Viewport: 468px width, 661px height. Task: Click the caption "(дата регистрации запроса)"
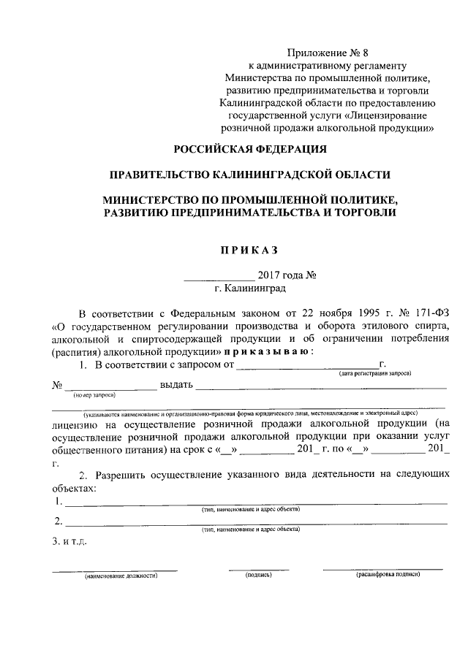click(x=374, y=373)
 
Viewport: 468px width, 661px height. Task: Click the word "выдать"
click(x=175, y=384)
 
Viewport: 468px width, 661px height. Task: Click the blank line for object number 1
click(x=256, y=503)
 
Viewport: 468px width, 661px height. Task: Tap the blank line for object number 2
click(x=256, y=523)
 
